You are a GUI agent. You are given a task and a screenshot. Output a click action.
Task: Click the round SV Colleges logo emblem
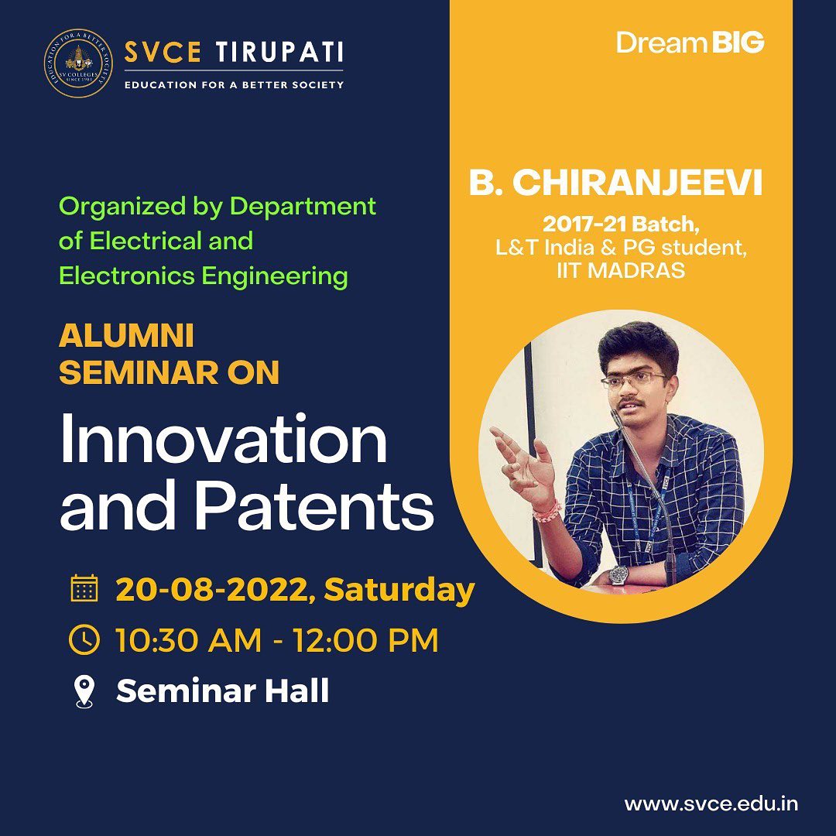click(78, 63)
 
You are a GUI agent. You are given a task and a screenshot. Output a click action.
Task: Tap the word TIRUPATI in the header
click(279, 53)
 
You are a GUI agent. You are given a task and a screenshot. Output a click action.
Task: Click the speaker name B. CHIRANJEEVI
click(616, 183)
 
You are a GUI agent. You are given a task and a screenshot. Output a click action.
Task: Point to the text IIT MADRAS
click(621, 271)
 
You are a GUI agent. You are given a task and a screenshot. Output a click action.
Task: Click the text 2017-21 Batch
click(621, 224)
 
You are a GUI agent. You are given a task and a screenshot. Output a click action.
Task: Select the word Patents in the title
click(314, 505)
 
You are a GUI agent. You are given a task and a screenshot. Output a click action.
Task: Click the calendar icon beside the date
click(84, 588)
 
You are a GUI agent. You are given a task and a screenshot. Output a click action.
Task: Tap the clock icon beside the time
click(84, 639)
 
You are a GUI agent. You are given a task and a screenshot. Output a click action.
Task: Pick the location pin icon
click(84, 691)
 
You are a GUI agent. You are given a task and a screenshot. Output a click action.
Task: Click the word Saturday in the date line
click(399, 591)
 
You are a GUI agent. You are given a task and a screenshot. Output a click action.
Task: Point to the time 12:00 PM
click(365, 640)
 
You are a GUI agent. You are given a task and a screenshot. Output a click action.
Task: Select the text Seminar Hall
click(222, 690)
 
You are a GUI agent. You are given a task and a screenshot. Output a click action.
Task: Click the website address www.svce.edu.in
click(711, 804)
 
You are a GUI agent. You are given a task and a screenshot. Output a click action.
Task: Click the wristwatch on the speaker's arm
click(618, 574)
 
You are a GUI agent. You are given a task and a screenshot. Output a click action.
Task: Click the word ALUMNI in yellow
click(126, 337)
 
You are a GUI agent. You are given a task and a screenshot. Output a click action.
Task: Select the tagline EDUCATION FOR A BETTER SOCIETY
click(234, 85)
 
